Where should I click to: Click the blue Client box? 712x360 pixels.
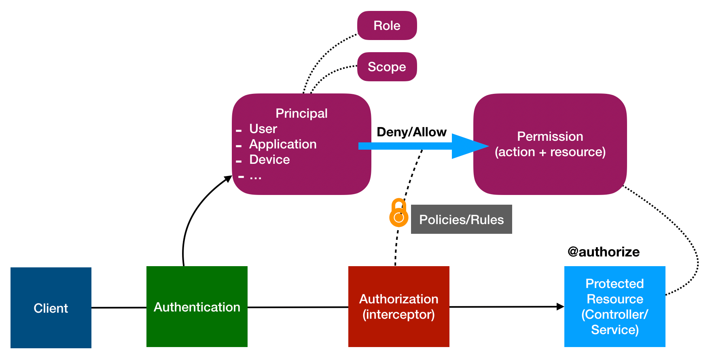click(x=51, y=308)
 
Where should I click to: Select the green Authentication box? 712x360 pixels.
click(x=197, y=307)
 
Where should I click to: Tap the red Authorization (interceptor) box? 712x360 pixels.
click(x=398, y=307)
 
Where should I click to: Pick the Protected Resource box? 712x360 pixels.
click(x=615, y=307)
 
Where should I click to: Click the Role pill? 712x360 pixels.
click(x=387, y=25)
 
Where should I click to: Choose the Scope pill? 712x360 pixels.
click(x=387, y=67)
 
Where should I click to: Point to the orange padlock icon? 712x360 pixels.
click(x=399, y=213)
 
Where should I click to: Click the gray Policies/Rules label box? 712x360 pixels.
click(x=462, y=219)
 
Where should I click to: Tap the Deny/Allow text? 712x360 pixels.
click(x=411, y=132)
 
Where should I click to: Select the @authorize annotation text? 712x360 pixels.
click(x=604, y=252)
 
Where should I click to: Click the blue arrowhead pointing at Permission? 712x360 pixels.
click(x=469, y=146)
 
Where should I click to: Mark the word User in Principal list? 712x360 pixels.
click(x=263, y=129)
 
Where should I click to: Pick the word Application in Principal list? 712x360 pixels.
click(x=283, y=144)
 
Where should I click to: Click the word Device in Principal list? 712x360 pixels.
click(x=269, y=159)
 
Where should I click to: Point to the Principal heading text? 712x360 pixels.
click(x=301, y=113)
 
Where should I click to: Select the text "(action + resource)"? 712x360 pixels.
click(x=550, y=152)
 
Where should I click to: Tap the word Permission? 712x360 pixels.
click(x=550, y=136)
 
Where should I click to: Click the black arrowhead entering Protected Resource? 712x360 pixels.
click(x=560, y=307)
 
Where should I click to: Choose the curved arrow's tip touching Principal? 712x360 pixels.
click(x=229, y=178)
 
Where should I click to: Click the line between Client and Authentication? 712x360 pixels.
click(x=119, y=308)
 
